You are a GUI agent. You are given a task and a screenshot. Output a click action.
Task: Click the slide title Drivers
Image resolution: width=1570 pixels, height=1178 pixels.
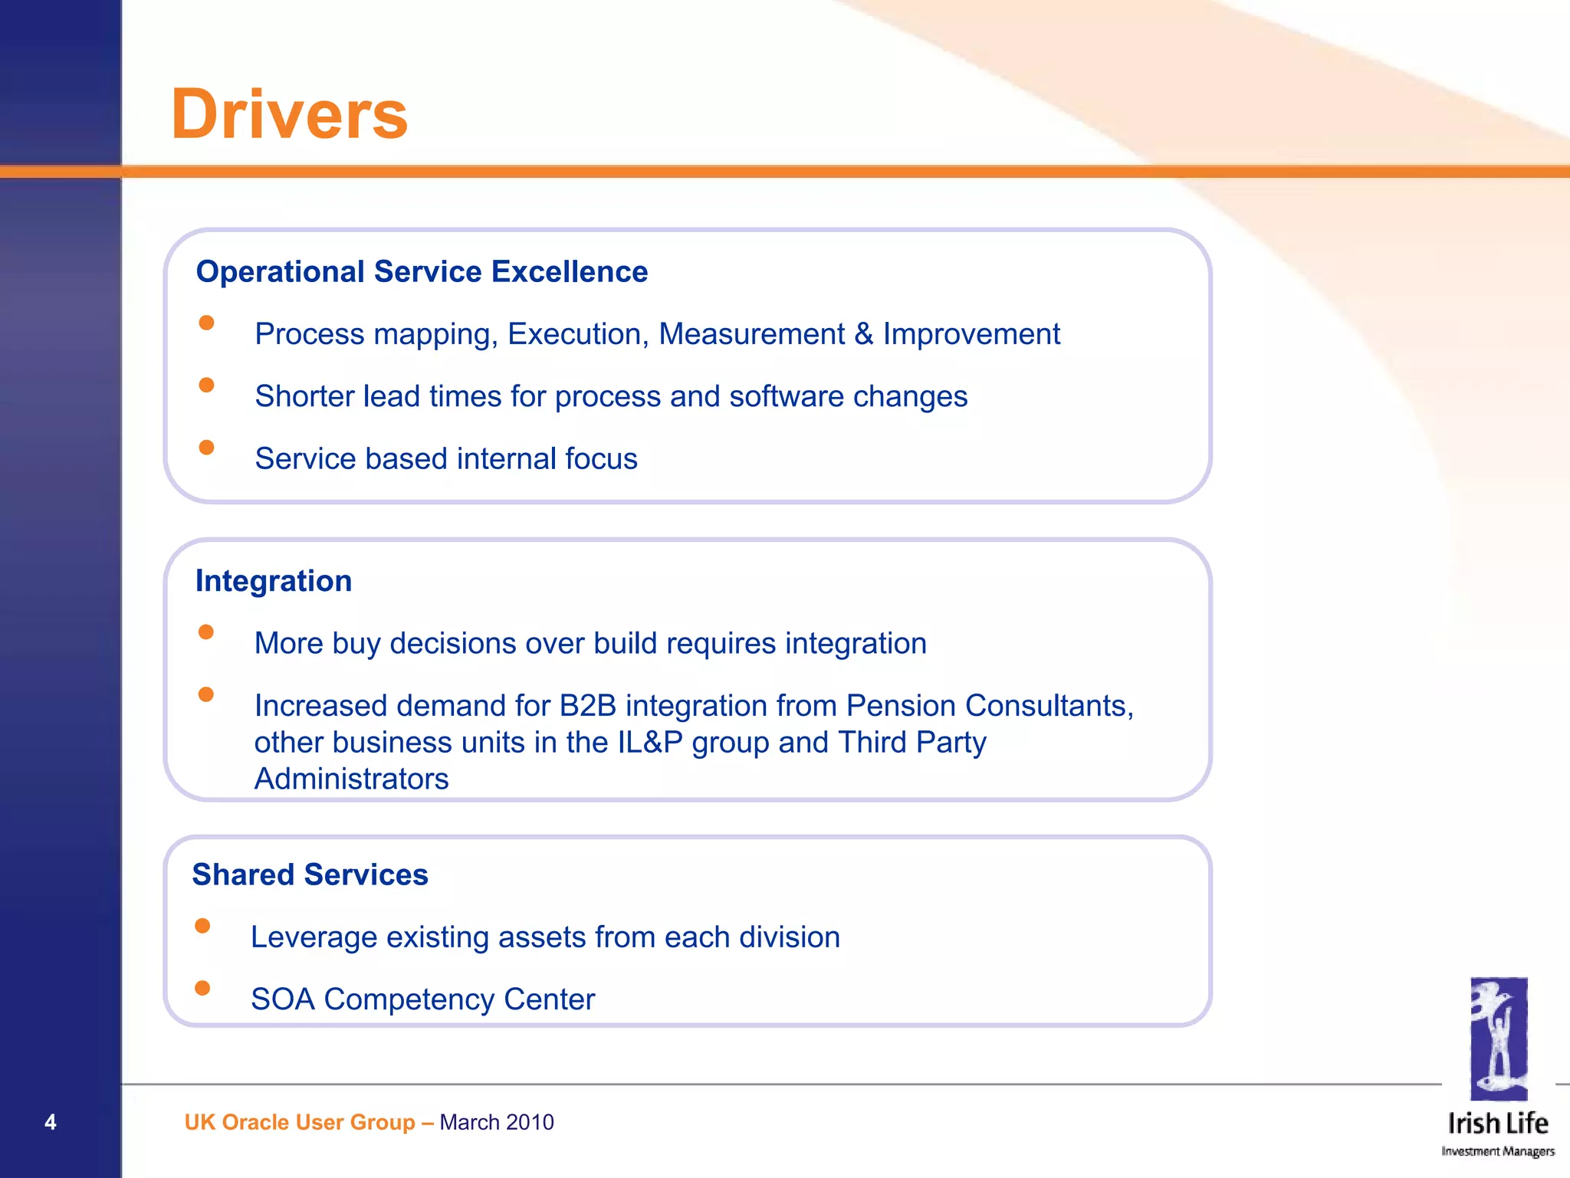[x=289, y=115]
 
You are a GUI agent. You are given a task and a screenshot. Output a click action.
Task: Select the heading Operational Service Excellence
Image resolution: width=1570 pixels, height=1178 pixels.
[x=422, y=272]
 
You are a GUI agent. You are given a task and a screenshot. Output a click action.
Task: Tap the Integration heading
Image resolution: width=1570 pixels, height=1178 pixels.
[x=274, y=581]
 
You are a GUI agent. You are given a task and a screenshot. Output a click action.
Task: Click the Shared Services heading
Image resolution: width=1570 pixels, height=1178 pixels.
[x=310, y=874]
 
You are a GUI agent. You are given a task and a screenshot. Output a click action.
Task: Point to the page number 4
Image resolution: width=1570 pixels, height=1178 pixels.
[x=51, y=1122]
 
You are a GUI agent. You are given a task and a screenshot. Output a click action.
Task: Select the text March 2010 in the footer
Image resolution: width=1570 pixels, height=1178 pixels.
[x=497, y=1122]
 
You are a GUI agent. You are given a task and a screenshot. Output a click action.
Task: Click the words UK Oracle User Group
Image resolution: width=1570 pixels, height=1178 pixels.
[x=300, y=1122]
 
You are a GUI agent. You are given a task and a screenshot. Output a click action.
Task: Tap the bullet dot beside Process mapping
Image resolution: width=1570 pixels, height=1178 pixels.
[x=206, y=323]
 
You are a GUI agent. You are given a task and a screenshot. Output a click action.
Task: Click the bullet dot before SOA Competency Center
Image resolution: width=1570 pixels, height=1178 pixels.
[x=202, y=988]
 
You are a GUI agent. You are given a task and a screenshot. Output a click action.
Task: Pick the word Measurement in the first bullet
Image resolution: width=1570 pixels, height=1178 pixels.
[x=751, y=334]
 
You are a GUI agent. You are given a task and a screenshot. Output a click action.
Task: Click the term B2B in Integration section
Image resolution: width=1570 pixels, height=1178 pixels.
[x=588, y=705]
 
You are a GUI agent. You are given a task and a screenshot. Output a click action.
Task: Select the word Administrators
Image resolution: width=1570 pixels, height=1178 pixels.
[x=351, y=779]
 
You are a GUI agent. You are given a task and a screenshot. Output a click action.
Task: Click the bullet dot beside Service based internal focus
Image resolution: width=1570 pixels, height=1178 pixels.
[x=206, y=447]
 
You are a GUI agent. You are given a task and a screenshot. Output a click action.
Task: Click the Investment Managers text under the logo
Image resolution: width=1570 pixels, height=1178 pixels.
[x=1498, y=1151]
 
